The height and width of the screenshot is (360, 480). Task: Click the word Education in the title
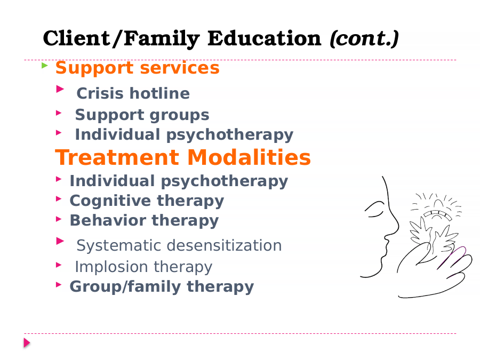[264, 38]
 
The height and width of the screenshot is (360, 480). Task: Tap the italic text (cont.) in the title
[364, 38]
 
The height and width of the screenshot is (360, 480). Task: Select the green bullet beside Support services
[45, 65]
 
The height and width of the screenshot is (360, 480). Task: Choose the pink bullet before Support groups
[59, 113]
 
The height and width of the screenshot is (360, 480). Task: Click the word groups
[180, 115]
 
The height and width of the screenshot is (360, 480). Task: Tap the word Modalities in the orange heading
[249, 157]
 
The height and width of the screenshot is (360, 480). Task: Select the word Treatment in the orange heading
[117, 157]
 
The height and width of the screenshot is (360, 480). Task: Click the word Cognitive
[110, 201]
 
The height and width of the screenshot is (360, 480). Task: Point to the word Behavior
[108, 220]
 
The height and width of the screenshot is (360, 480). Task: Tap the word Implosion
[112, 267]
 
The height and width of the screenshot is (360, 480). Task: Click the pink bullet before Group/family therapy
[59, 285]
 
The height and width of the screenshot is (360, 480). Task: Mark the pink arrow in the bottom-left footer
[27, 343]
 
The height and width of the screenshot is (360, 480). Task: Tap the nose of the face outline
[394, 228]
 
